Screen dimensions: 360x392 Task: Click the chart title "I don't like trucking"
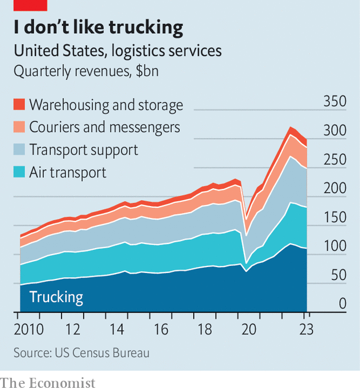click(x=98, y=27)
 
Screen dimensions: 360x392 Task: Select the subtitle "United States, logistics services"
click(x=117, y=51)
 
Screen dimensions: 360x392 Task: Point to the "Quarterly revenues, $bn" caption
click(x=86, y=71)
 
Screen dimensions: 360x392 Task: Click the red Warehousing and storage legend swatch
click(x=20, y=104)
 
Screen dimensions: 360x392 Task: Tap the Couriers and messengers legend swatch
click(x=20, y=127)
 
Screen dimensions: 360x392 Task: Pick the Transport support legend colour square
click(x=20, y=149)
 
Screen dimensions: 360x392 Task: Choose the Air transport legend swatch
click(x=20, y=172)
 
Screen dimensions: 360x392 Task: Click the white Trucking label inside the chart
click(x=56, y=297)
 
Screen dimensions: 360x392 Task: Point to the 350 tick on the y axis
click(x=335, y=101)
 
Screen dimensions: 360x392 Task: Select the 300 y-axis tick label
click(x=335, y=130)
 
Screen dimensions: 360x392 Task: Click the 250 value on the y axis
click(x=335, y=159)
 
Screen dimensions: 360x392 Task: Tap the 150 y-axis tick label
click(x=335, y=217)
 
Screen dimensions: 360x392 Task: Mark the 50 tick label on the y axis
click(x=339, y=275)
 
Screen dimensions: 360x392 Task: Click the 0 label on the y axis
click(x=343, y=304)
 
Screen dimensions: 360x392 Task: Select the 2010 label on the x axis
click(x=29, y=329)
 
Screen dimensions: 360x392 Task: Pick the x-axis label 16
click(x=161, y=329)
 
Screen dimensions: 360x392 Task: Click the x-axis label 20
click(x=249, y=329)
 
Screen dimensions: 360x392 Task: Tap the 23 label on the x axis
click(x=306, y=329)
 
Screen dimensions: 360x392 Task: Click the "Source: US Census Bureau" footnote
click(x=82, y=353)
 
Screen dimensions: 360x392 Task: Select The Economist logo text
click(x=48, y=384)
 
